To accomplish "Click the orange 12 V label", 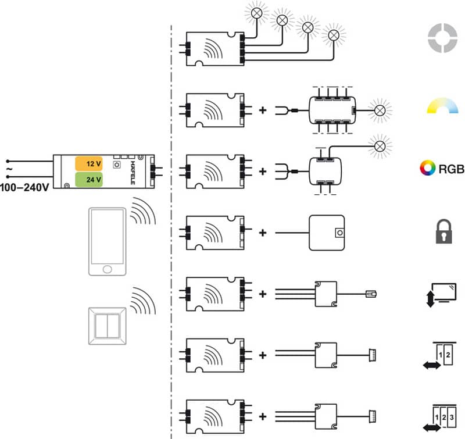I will click(89, 165).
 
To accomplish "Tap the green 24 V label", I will click(89, 179).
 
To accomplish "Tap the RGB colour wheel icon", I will click(427, 169).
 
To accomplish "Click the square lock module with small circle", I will click(327, 233).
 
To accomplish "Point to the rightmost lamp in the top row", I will click(334, 35).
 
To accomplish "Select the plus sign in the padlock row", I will click(263, 233).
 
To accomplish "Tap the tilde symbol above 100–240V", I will click(9, 169).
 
